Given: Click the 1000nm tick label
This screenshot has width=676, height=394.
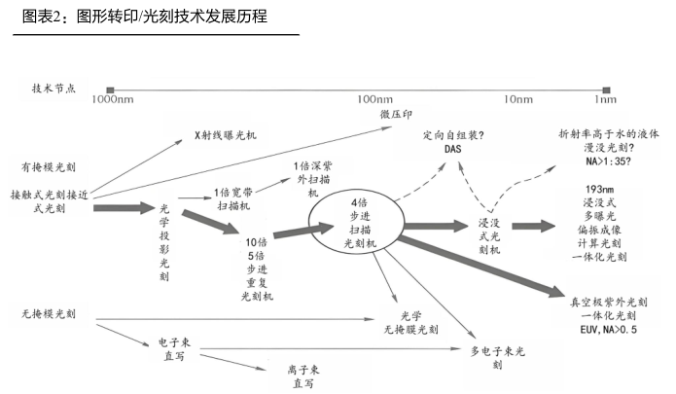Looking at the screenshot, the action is point(113,99).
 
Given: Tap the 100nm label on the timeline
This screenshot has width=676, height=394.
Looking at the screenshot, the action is point(375,99).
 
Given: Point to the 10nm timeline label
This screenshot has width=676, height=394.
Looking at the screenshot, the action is point(518,99).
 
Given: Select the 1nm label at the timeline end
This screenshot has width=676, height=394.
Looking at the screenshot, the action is point(605,99).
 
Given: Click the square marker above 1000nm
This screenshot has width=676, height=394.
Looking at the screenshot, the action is point(110,90).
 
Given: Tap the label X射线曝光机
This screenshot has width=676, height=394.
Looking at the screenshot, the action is point(226,135).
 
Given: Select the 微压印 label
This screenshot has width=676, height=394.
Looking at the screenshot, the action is point(396,114).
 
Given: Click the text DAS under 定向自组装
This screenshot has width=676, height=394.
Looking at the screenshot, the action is point(452,149).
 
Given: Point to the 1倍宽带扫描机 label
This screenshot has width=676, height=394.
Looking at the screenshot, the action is point(233,198).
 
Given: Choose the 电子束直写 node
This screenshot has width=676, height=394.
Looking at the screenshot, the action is point(174,349).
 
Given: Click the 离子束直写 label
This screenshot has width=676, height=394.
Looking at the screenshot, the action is point(303,376).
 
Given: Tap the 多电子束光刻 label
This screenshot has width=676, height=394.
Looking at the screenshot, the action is point(497,358).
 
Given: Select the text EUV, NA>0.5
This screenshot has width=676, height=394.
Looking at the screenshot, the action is point(608,330).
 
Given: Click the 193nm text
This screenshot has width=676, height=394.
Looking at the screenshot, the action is point(600,190).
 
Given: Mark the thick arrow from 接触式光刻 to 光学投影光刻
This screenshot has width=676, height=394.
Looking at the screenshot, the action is point(124,208).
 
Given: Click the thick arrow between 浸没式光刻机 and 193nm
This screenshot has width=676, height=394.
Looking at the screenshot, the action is point(533,226).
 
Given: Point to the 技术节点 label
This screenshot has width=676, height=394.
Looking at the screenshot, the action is point(53,89).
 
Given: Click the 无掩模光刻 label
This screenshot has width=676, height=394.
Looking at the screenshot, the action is point(49,314).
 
